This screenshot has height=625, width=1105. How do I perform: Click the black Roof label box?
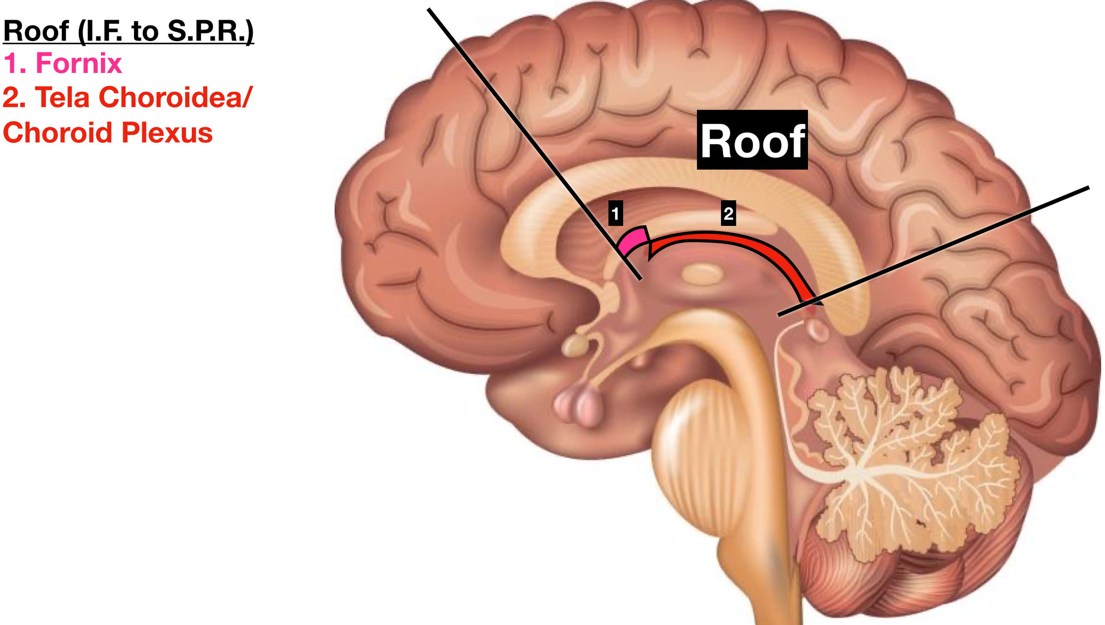pyautogui.click(x=752, y=140)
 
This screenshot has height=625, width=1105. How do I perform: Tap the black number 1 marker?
pyautogui.click(x=615, y=213)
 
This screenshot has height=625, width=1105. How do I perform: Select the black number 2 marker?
pyautogui.click(x=728, y=213)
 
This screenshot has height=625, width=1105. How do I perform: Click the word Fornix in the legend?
pyautogui.click(x=79, y=63)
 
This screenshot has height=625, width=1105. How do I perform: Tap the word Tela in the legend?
pyautogui.click(x=62, y=97)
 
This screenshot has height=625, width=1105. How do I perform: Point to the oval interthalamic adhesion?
pyautogui.click(x=702, y=274)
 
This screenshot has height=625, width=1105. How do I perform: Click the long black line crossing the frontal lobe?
pyautogui.click(x=534, y=144)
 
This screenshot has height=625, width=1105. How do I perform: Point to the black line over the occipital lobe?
pyautogui.click(x=934, y=252)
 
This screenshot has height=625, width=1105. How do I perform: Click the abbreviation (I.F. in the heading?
pyautogui.click(x=101, y=31)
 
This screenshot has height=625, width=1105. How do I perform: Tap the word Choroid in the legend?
pyautogui.click(x=58, y=133)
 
